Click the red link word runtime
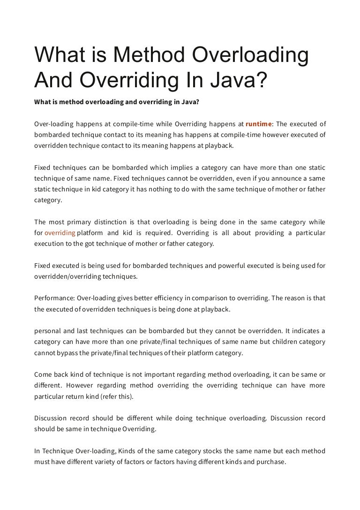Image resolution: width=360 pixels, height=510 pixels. pos(259,124)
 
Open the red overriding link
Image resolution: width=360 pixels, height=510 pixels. pos(60,233)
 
